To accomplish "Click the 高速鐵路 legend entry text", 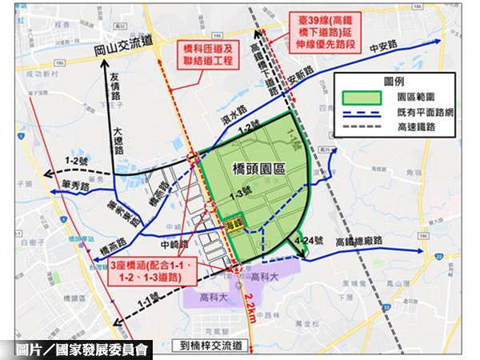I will pos(422,126).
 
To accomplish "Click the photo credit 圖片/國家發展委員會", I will pos(83,349).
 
